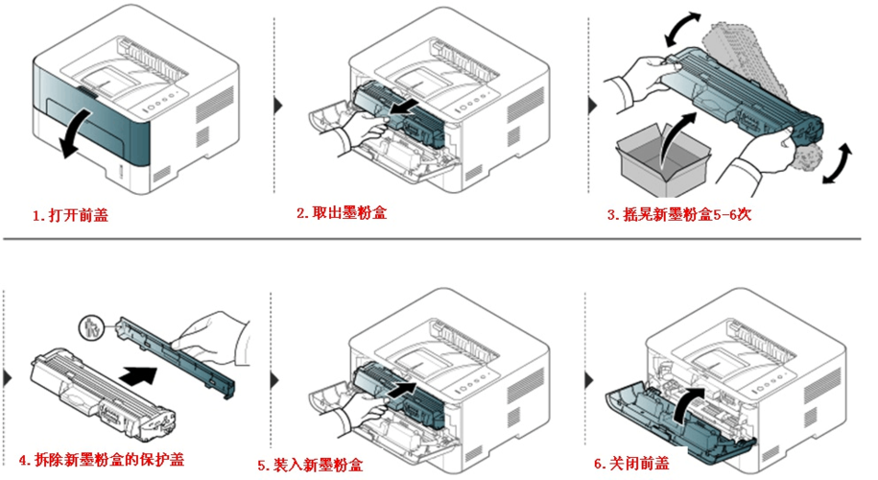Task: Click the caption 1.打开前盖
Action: [70, 216]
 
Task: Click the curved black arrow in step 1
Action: [75, 132]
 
